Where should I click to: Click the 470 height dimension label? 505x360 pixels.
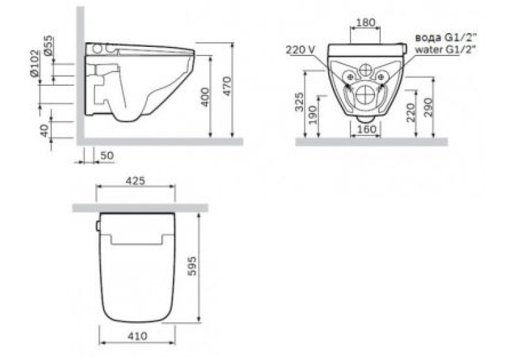(227, 86)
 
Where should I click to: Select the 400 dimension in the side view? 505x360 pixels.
(205, 97)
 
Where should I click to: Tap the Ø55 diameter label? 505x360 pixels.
(49, 46)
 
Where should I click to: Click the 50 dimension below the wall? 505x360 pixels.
(106, 155)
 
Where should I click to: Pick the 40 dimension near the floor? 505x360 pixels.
(45, 131)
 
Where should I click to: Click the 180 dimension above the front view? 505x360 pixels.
(366, 22)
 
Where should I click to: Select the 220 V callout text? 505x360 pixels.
(300, 50)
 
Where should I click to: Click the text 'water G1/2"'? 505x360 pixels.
(445, 50)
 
